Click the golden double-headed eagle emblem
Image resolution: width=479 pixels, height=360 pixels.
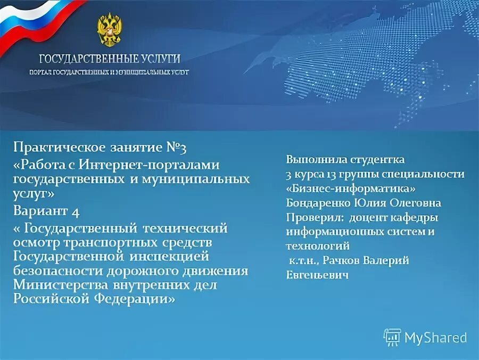point(109,29)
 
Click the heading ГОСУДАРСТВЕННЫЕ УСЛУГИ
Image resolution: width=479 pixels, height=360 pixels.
point(109,59)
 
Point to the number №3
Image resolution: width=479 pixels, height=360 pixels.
point(175,147)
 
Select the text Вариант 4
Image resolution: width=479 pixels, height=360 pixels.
point(46,211)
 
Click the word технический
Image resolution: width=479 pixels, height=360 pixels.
point(185,228)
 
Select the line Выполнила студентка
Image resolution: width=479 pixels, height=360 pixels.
point(345,159)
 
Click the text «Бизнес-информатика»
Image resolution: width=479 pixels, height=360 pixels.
point(351,189)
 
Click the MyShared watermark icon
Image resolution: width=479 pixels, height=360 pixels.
point(393,337)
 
